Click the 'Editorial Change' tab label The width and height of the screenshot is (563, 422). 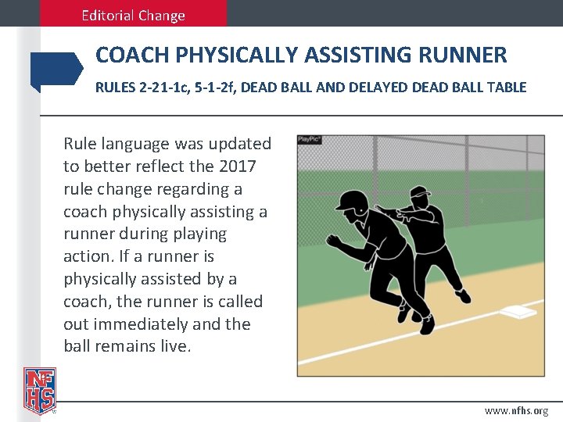click(x=134, y=16)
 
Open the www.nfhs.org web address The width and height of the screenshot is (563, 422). click(x=516, y=410)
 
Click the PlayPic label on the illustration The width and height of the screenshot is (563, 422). click(x=310, y=141)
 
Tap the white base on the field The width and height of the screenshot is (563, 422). click(x=518, y=312)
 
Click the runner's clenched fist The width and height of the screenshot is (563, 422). click(x=335, y=241)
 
